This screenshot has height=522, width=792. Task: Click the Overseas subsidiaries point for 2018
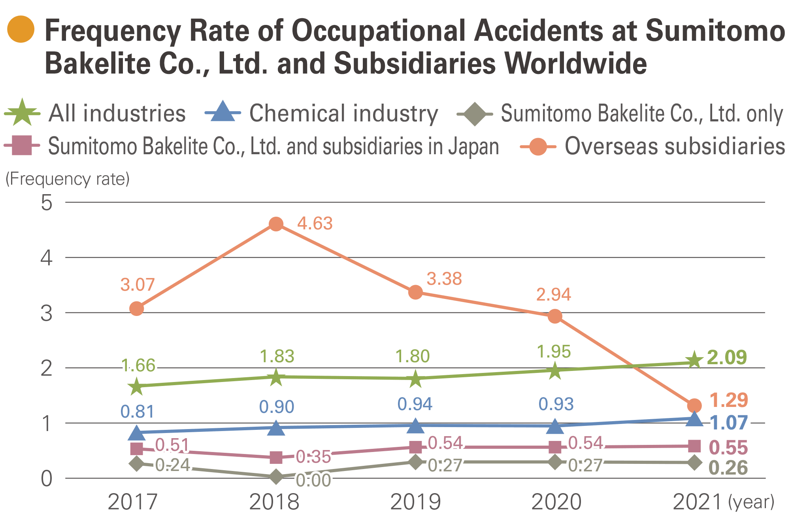(x=276, y=224)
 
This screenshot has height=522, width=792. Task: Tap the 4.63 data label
(x=315, y=224)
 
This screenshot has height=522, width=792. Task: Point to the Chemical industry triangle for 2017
(x=137, y=433)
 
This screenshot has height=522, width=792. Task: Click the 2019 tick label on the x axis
(x=415, y=502)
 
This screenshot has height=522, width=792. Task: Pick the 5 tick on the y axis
(x=47, y=203)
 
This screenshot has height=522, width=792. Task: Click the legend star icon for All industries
(x=22, y=113)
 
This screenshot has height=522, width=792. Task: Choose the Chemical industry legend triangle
(x=223, y=112)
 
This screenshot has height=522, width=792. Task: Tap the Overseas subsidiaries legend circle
(x=538, y=146)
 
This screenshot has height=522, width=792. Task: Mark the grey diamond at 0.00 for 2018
(x=276, y=477)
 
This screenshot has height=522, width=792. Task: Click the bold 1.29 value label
(x=729, y=400)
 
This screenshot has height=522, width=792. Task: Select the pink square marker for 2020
(x=555, y=447)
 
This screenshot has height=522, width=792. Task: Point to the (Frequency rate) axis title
(x=68, y=179)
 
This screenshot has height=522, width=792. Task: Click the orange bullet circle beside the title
(x=21, y=29)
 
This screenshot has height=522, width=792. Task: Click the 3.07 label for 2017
(x=137, y=285)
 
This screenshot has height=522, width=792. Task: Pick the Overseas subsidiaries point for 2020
(x=555, y=316)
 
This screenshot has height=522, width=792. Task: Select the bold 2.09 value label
(x=727, y=357)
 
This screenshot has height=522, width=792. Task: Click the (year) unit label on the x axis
(x=751, y=502)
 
